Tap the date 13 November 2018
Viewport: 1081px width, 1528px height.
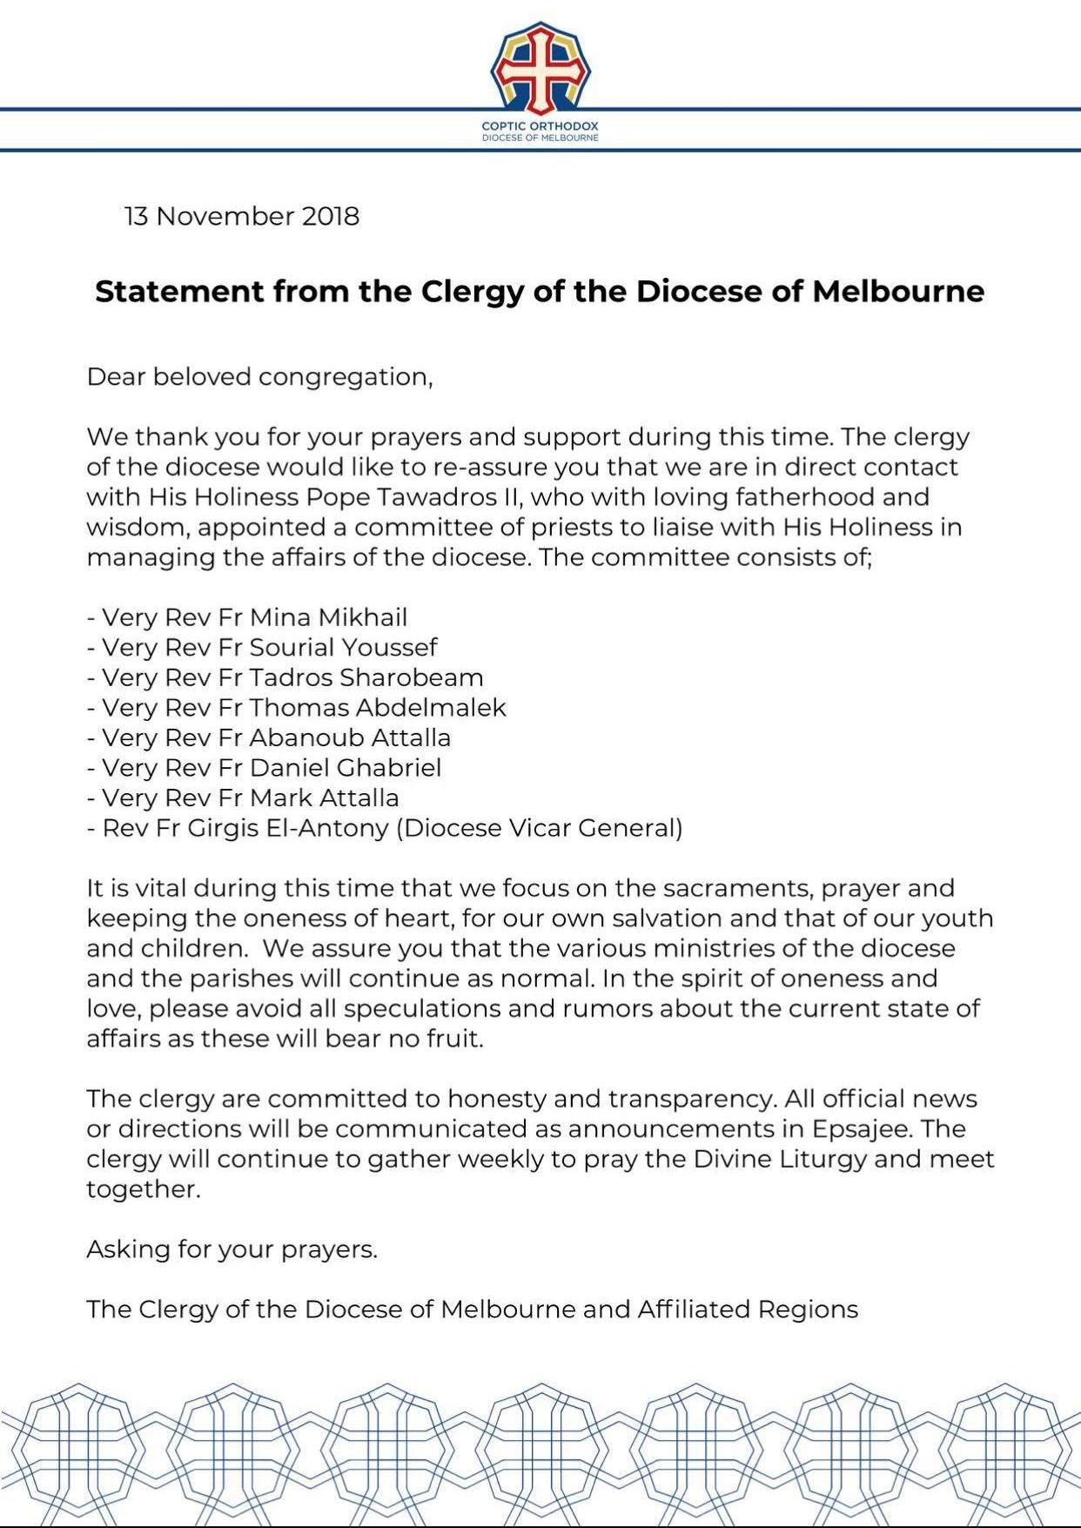click(x=242, y=216)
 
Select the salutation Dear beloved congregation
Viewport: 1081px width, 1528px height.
click(x=259, y=377)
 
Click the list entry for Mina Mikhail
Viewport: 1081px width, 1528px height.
click(x=247, y=617)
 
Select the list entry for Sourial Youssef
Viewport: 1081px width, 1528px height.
click(x=262, y=648)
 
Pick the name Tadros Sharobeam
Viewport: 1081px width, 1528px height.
click(x=366, y=677)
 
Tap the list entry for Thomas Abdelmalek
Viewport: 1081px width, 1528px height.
click(x=297, y=708)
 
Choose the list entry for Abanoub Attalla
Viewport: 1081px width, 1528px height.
click(x=269, y=737)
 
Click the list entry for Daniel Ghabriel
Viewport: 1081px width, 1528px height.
click(x=265, y=768)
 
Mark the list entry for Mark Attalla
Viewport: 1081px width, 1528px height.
click(x=243, y=798)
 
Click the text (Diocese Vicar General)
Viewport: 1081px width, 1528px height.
click(x=540, y=828)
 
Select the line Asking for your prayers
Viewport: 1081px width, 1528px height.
click(x=232, y=1249)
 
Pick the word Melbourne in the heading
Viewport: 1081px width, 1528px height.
click(x=898, y=291)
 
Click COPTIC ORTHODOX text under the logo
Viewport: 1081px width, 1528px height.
click(x=540, y=126)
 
